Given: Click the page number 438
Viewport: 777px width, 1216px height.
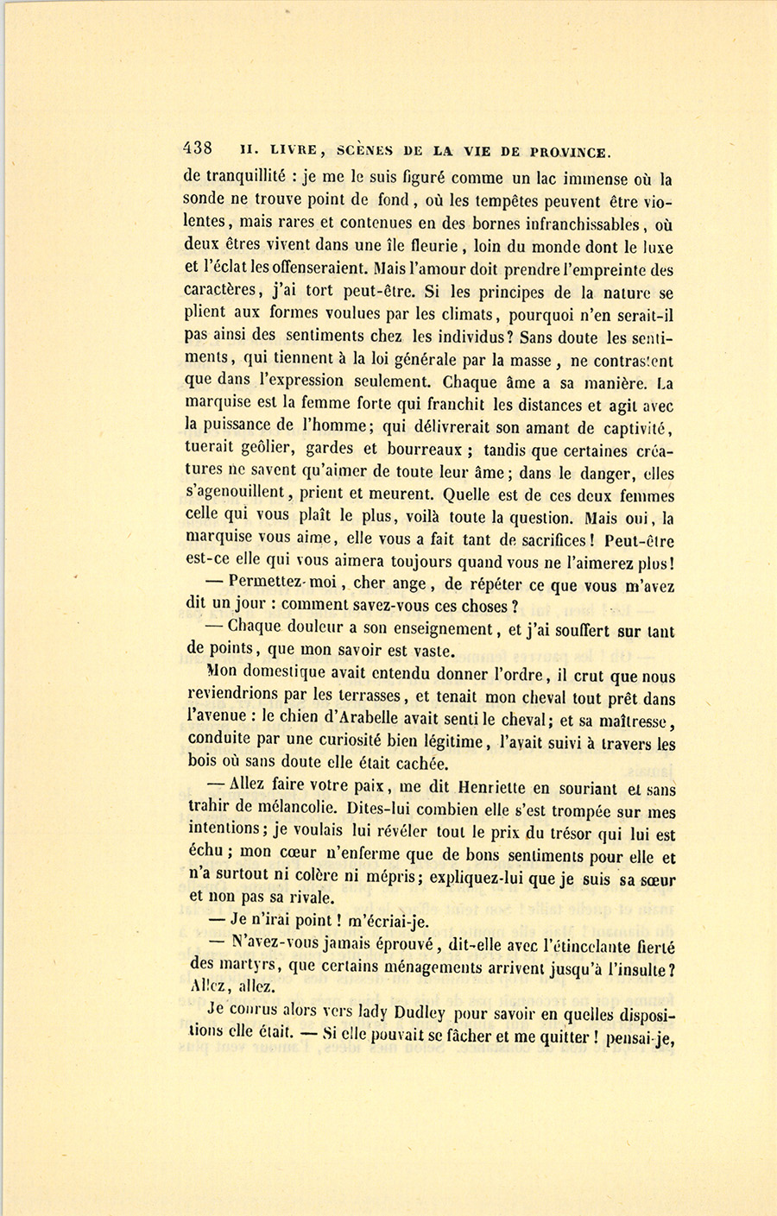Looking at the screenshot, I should (x=198, y=147).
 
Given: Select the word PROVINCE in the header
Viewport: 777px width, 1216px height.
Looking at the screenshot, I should (x=568, y=152).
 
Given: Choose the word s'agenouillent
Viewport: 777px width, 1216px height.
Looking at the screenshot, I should (x=237, y=495).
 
